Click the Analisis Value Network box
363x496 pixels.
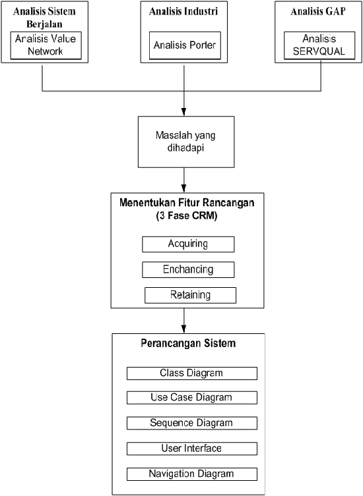46,45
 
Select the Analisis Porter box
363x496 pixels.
185,45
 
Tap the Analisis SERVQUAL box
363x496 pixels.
319,45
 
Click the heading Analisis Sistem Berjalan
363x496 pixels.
44,18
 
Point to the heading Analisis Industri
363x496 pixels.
183,11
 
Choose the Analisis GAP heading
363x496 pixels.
318,11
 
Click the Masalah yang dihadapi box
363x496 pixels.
186,142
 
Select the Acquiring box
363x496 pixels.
188,244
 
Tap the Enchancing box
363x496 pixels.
188,269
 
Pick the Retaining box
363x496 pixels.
190,295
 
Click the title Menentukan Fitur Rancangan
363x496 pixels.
187,202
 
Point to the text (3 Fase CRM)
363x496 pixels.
186,216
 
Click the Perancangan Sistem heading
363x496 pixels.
188,343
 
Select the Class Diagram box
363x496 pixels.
192,373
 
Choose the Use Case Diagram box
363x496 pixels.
192,398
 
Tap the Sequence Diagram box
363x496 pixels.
192,424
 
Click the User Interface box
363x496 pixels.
192,449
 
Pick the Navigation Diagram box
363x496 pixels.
192,474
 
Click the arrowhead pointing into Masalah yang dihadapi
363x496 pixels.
184,112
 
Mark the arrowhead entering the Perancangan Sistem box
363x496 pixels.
184,329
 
